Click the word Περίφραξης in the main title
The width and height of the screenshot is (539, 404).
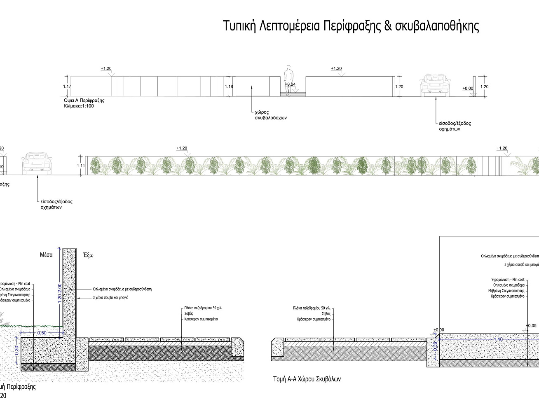[x=352, y=26]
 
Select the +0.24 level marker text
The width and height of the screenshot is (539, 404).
[x=290, y=84]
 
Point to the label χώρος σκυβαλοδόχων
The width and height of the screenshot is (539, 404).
[x=270, y=115]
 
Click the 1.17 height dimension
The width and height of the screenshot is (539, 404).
[x=67, y=86]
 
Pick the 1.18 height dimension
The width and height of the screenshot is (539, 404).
[x=229, y=86]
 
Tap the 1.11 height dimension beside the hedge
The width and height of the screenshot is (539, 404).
[x=81, y=166]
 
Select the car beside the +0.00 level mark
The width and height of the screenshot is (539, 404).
[x=435, y=85]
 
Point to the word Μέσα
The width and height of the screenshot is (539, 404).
[x=46, y=255]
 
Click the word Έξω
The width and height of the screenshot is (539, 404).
[x=89, y=255]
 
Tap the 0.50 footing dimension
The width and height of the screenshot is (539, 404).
[x=42, y=333]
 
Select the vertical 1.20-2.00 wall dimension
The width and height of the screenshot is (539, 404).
[x=60, y=293]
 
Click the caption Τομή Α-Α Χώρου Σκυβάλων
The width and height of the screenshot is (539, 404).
[x=307, y=379]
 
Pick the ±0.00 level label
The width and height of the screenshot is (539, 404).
[x=439, y=330]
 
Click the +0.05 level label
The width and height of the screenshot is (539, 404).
[x=531, y=326]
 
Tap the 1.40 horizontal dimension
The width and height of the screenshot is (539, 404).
[x=498, y=339]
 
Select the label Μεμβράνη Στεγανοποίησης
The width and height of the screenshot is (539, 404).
[x=506, y=291]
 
